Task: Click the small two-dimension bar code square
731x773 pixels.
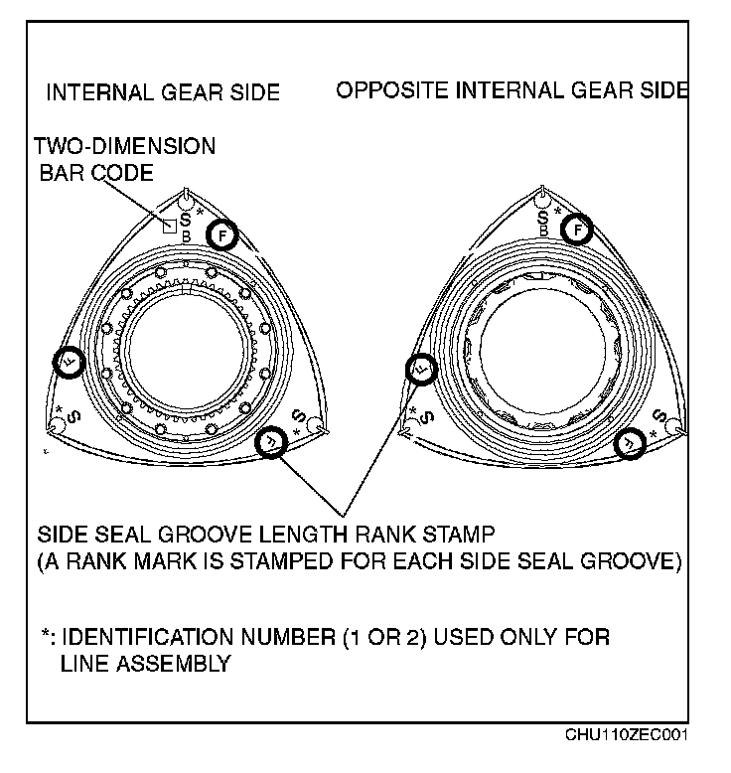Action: click(170, 225)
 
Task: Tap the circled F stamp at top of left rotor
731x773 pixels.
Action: click(223, 234)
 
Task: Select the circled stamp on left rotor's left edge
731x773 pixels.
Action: click(70, 363)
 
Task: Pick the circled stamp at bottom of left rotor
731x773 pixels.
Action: click(270, 439)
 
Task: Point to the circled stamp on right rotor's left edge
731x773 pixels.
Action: click(421, 371)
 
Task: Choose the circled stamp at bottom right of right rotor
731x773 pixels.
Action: click(630, 444)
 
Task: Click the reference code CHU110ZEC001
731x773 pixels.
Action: click(626, 736)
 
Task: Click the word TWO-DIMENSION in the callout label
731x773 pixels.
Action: click(124, 147)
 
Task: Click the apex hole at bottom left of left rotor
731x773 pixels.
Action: click(57, 425)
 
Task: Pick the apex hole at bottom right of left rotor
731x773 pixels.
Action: click(315, 424)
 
